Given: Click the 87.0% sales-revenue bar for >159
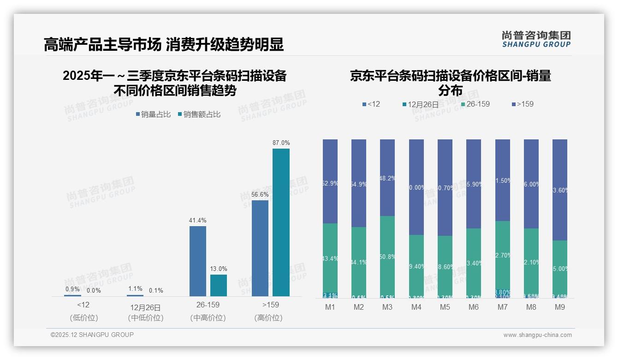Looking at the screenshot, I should click(281, 222).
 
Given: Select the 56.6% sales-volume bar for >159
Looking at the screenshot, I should click(260, 248).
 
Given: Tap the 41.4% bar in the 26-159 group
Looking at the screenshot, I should click(197, 261).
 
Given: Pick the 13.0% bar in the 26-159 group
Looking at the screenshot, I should click(219, 285).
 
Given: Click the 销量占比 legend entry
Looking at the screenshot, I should click(153, 114).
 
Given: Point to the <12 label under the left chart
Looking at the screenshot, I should click(83, 305).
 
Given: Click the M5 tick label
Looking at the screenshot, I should click(445, 307).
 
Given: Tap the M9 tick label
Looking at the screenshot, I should click(559, 307).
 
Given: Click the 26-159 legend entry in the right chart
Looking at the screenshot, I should click(475, 104).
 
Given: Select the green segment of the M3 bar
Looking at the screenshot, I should click(387, 256).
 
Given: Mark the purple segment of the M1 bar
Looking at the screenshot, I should click(330, 181).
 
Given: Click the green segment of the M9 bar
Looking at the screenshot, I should click(559, 268).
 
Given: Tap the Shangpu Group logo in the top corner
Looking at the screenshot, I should click(536, 39).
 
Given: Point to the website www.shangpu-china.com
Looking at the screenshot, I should click(537, 335).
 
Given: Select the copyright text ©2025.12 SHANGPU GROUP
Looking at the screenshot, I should click(92, 335).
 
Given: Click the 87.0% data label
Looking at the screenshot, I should click(281, 143).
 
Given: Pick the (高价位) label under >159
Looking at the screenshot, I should click(268, 318).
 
